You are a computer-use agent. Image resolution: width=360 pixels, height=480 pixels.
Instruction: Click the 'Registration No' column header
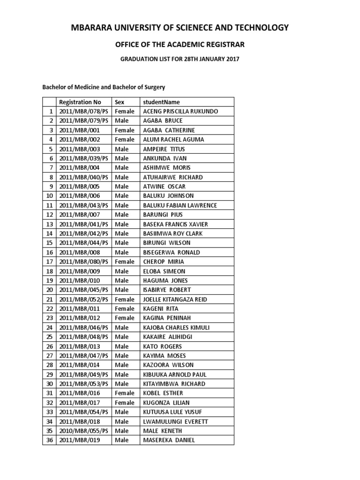[80, 102]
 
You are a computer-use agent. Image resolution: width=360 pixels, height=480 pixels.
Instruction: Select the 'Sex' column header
[120, 102]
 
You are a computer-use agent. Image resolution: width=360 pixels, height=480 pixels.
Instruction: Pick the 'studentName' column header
[161, 102]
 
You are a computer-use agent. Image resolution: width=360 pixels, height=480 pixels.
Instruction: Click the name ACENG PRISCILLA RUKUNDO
[180, 112]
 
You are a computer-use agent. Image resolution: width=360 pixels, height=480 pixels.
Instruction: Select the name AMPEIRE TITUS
[164, 149]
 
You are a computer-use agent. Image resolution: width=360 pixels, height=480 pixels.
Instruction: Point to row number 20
[49, 290]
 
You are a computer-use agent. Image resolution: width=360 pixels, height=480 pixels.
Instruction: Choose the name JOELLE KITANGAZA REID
[174, 299]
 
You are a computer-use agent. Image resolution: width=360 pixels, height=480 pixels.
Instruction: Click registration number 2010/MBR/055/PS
[84, 431]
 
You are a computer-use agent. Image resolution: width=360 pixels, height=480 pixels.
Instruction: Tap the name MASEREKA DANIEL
[169, 440]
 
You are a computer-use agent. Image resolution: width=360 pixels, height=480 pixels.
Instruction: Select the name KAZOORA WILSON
[168, 365]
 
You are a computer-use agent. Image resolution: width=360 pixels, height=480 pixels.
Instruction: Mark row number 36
[49, 440]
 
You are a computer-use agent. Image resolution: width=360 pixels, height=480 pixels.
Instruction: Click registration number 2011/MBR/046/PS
[84, 327]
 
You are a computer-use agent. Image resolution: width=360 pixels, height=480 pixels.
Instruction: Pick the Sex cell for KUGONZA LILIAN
[125, 403]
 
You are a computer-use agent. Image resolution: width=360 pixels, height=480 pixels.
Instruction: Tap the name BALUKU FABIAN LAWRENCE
[180, 205]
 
